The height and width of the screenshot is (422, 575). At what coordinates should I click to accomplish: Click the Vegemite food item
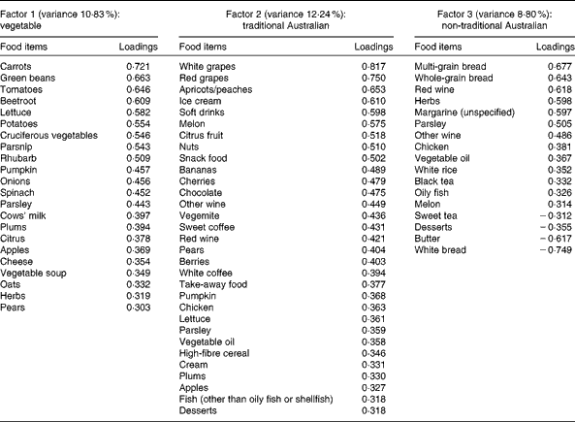click(202, 240)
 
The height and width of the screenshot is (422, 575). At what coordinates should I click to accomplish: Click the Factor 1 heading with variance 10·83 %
click(64, 11)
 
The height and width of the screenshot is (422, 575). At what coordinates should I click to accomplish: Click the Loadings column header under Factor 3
click(549, 47)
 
